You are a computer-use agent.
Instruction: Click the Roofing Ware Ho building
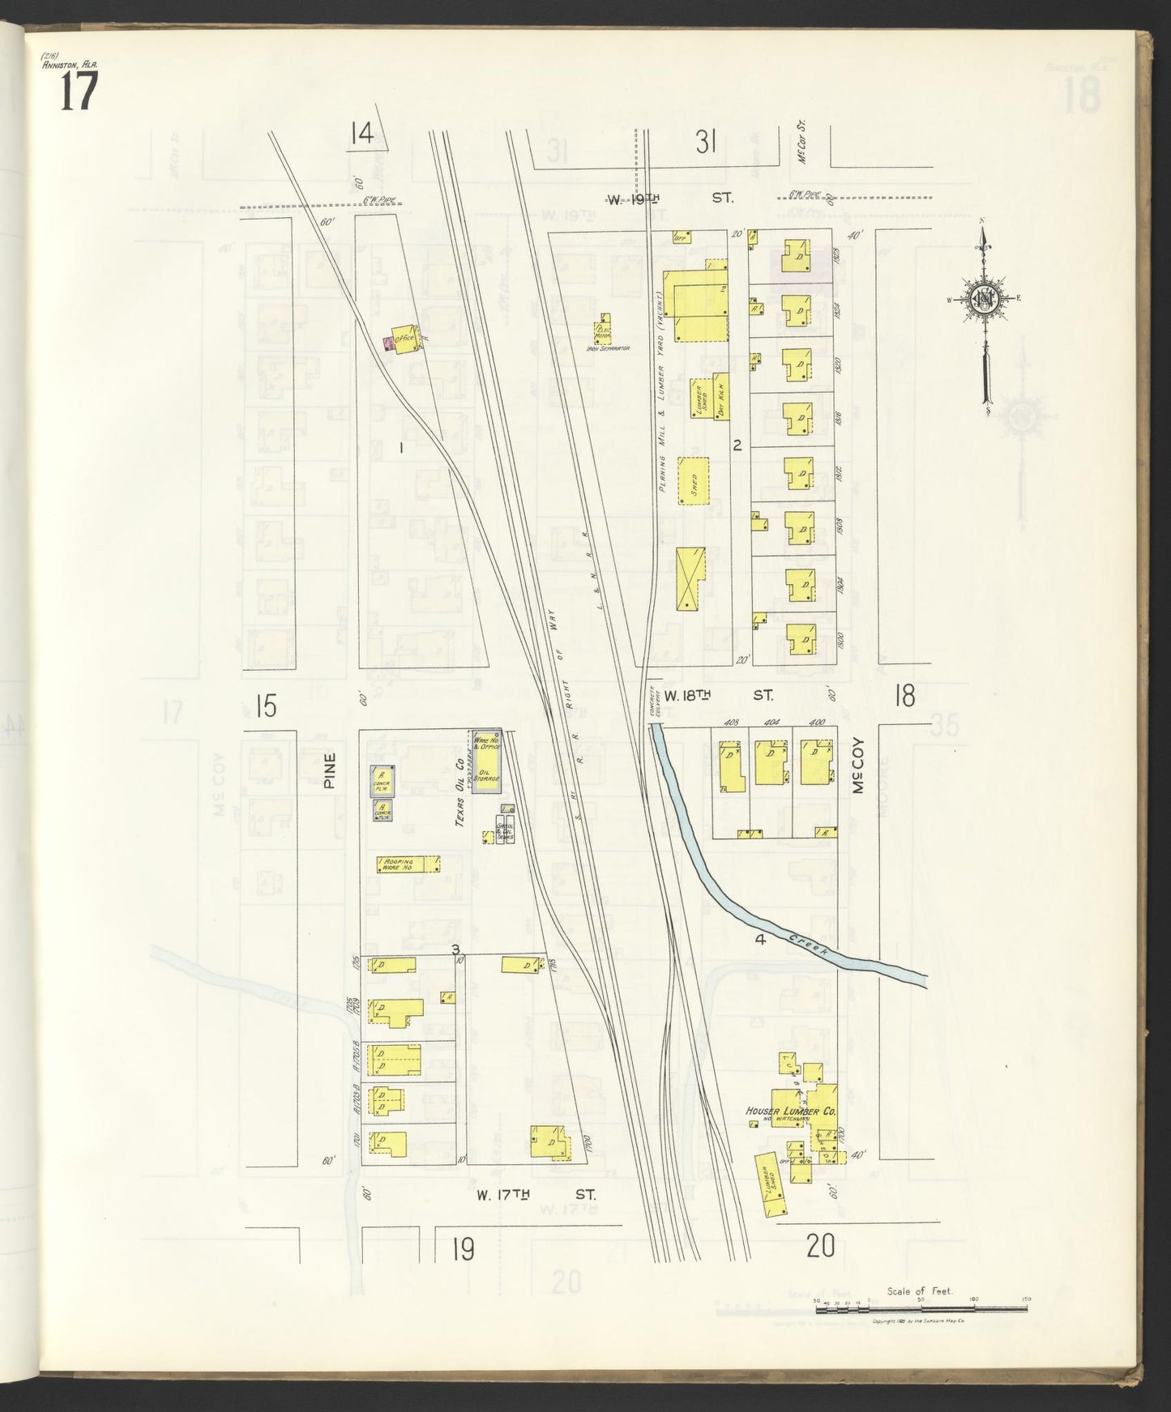tap(408, 864)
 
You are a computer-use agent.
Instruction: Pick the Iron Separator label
tap(608, 348)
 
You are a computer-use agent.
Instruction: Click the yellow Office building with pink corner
tap(403, 339)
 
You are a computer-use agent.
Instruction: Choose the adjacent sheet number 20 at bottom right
tap(820, 1246)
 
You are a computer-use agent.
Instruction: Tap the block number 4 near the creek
tap(759, 940)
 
